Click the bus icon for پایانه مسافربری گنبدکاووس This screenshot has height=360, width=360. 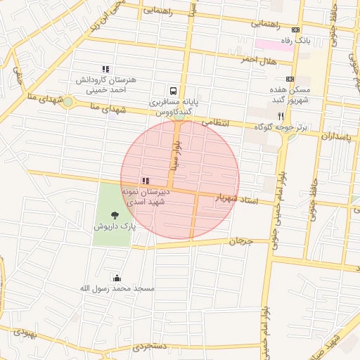click(x=172, y=91)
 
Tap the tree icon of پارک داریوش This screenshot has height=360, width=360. click(x=115, y=215)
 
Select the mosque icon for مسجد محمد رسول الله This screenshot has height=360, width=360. click(x=116, y=277)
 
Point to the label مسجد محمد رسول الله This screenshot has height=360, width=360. click(x=116, y=289)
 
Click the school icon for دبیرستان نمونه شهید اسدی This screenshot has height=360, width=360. click(x=146, y=181)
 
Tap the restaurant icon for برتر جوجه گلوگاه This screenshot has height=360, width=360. click(x=280, y=115)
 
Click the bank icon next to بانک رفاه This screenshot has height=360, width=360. click(x=295, y=30)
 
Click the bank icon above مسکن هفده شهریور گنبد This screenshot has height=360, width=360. click(x=290, y=79)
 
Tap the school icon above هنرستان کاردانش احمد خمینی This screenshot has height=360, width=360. click(x=105, y=69)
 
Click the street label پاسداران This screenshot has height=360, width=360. click(x=337, y=134)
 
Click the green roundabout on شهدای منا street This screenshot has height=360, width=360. click(x=67, y=103)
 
